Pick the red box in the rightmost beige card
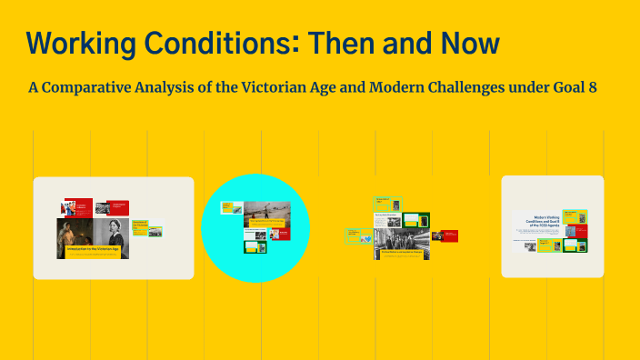[580, 231]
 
